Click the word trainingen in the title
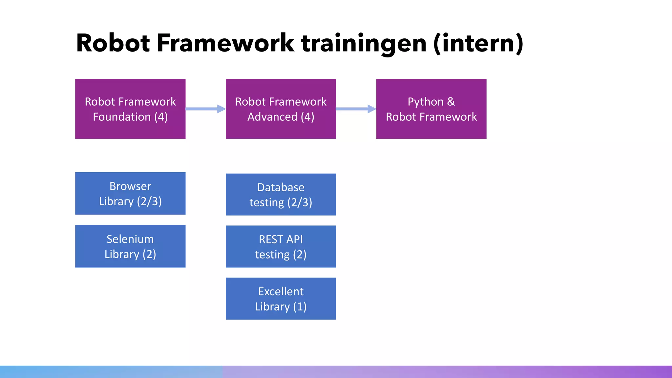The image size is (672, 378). click(x=364, y=44)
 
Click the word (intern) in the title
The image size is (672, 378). click(x=478, y=44)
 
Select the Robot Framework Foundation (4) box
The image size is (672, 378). click(x=130, y=109)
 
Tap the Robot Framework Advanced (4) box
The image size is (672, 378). click(x=281, y=109)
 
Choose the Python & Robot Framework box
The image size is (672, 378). click(x=431, y=109)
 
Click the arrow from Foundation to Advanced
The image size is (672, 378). click(x=205, y=109)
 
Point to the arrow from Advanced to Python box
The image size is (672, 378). click(x=356, y=109)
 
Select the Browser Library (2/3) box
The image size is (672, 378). click(x=130, y=193)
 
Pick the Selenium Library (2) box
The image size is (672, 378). click(x=130, y=246)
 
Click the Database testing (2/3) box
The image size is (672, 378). click(x=281, y=194)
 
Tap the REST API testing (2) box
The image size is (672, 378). click(x=281, y=246)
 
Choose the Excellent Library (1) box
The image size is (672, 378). click(x=281, y=299)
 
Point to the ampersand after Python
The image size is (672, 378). click(x=451, y=102)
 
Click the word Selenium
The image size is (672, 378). click(x=130, y=239)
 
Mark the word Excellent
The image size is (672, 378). click(x=281, y=291)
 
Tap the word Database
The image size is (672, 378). click(x=281, y=187)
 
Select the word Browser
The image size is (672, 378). click(x=130, y=186)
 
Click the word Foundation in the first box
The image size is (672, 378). click(x=121, y=117)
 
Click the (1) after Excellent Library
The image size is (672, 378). click(x=300, y=307)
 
